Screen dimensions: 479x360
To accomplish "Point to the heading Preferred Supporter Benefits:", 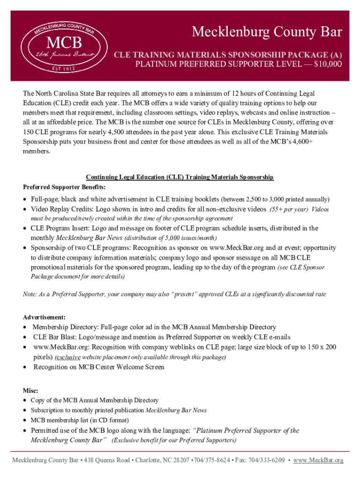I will coord(56,187).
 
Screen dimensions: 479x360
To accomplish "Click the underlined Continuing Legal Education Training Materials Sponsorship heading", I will coord(180,177).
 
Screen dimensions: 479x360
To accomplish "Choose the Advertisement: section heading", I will coord(44,317).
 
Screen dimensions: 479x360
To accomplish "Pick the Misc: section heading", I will coord(30,390).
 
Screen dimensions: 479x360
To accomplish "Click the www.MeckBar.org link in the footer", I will coord(320,460).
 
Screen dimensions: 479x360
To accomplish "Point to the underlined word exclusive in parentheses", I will coord(69,357).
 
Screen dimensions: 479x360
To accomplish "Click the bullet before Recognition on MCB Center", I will coord(25,367).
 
